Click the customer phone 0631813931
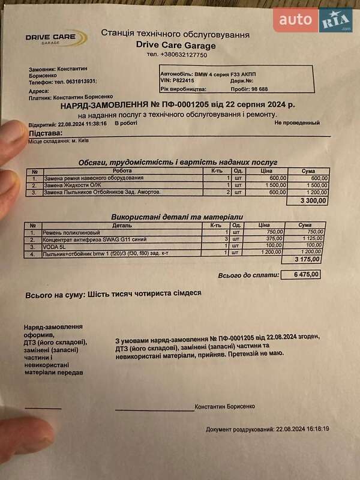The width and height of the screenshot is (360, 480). click(x=74, y=82)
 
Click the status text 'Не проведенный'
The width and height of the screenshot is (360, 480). click(x=296, y=123)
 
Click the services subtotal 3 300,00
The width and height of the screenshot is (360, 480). click(x=314, y=201)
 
